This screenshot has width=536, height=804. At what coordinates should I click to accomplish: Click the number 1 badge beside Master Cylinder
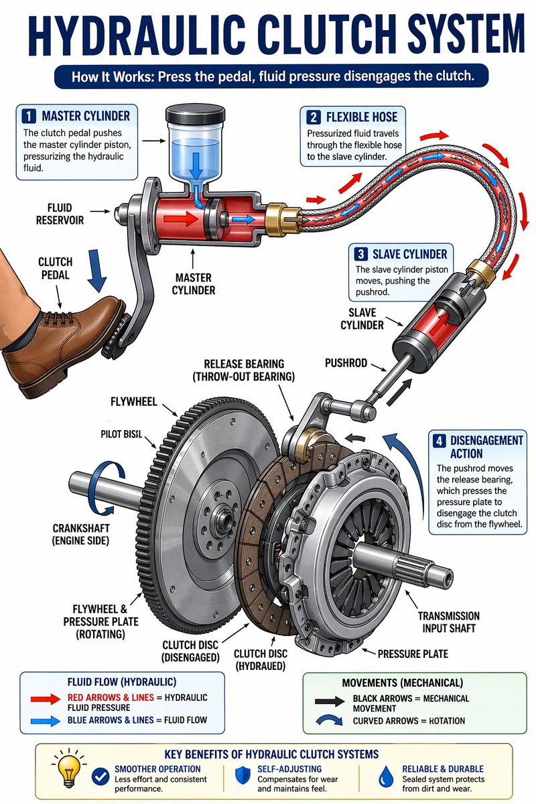pos(29,115)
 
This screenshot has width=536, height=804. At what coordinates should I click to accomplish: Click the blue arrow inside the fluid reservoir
pos(196,162)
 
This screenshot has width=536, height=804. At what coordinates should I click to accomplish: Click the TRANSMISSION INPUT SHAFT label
pos(448,622)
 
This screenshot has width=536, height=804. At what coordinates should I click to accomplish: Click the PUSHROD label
pos(347,362)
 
